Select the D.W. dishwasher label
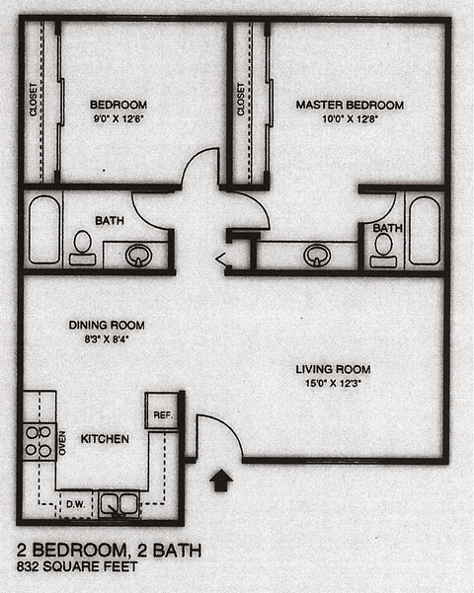click(75, 504)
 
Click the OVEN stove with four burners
click(39, 442)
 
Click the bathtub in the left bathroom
click(43, 229)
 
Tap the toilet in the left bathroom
click(83, 246)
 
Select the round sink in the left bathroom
click(140, 256)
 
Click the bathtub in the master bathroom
click(425, 229)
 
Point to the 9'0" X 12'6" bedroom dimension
click(118, 120)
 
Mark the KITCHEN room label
click(104, 438)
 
